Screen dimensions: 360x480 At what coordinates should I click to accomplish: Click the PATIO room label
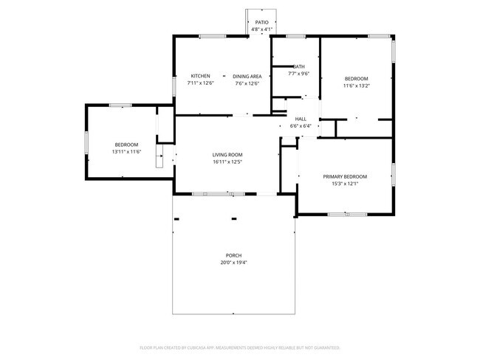point(262,23)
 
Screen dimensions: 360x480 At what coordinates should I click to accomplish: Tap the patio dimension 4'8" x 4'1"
point(262,30)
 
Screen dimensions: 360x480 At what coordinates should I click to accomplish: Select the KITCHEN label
point(201,76)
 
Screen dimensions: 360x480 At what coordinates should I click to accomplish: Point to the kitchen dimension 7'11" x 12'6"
point(201,83)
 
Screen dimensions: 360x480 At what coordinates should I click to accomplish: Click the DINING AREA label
point(247,76)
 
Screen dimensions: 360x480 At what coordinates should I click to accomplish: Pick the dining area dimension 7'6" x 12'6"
point(247,83)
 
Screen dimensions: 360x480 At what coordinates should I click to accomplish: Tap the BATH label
point(298,66)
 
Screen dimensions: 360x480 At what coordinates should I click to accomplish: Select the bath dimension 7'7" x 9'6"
point(298,74)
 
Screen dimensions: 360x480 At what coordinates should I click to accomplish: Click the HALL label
point(301,119)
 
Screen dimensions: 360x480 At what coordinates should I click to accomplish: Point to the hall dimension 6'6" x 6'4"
point(301,126)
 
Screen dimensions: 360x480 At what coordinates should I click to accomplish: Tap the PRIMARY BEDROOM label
point(345,176)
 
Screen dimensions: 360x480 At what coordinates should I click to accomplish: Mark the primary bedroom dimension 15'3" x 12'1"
point(345,184)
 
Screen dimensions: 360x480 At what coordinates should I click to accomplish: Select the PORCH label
point(233,255)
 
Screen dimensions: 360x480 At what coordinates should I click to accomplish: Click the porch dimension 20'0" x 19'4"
point(233,263)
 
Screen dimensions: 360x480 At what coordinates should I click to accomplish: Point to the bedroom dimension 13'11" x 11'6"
point(126,151)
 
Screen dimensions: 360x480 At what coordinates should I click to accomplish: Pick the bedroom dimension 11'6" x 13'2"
point(356,86)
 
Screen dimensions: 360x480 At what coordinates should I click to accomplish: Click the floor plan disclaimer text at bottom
point(239,347)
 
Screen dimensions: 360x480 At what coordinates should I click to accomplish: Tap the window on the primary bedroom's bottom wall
point(347,215)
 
